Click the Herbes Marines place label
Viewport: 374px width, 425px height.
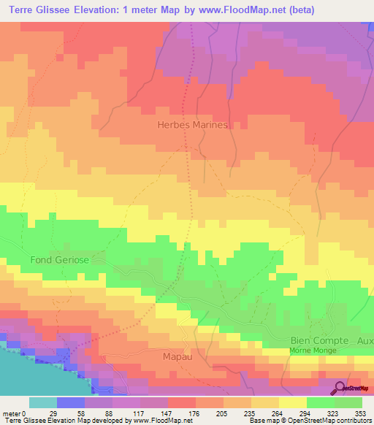point(194,125)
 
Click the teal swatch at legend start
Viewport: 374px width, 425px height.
point(42,402)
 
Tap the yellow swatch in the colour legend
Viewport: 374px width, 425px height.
point(292,402)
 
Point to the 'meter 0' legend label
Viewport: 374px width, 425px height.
point(14,413)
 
